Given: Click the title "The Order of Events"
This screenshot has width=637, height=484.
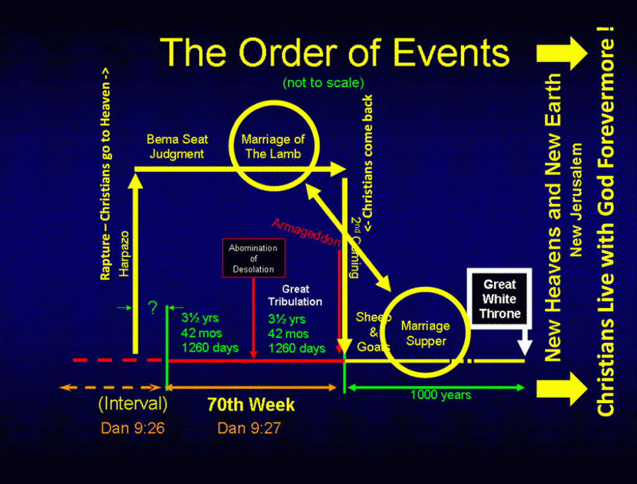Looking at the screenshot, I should (335, 52).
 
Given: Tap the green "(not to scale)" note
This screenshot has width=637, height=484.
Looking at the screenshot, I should (323, 83).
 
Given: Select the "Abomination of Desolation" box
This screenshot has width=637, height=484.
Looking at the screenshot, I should (253, 258).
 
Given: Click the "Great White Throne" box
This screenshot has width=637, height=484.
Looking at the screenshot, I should (500, 299).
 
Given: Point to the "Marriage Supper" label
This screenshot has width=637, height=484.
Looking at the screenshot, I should (425, 333).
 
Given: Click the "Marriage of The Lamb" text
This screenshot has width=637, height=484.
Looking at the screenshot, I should (273, 147).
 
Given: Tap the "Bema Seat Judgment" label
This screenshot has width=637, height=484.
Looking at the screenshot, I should (177, 147).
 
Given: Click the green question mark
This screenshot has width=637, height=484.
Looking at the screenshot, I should (152, 309).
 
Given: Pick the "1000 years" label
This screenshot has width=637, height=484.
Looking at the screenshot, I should (440, 394).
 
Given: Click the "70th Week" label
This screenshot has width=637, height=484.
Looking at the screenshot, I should (251, 405).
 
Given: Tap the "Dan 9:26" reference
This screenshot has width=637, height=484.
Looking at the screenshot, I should (133, 428).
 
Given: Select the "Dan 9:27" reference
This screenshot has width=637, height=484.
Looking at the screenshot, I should (249, 428).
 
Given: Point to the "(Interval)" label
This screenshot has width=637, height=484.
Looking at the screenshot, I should (133, 404).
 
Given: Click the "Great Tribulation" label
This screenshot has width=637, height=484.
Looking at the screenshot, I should (295, 296).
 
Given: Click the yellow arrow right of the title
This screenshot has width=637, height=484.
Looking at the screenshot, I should (562, 54).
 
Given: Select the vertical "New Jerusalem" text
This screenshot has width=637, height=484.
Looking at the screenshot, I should (577, 200).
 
